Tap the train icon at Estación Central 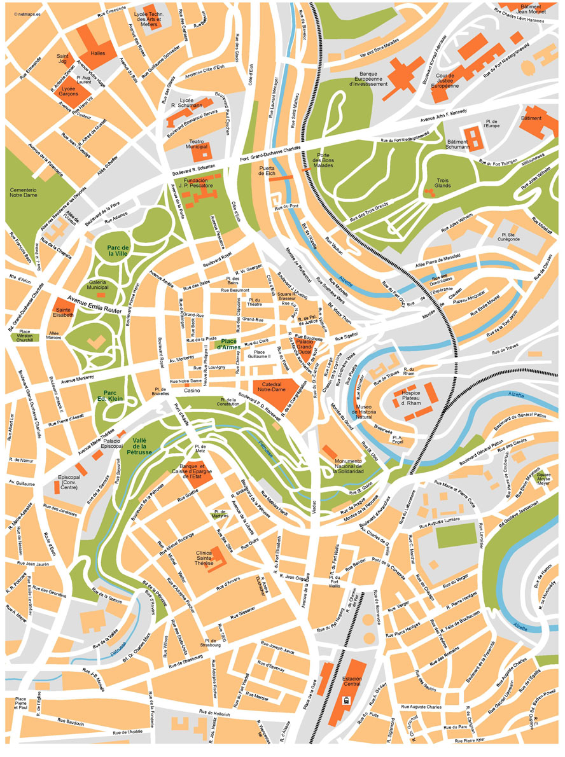347,700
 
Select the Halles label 98,53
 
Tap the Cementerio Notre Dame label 31,193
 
